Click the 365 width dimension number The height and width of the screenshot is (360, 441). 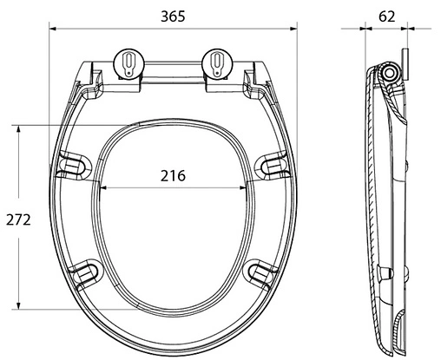click(x=173, y=16)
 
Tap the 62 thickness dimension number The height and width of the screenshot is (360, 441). click(x=386, y=16)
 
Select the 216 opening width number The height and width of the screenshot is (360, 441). click(x=173, y=176)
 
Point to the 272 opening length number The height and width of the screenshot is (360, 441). click(x=18, y=220)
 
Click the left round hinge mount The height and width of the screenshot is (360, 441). click(x=129, y=63)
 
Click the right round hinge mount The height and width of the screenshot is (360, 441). click(x=218, y=63)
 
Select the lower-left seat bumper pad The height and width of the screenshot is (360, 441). click(x=87, y=273)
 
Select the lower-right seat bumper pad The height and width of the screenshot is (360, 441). click(x=260, y=273)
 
